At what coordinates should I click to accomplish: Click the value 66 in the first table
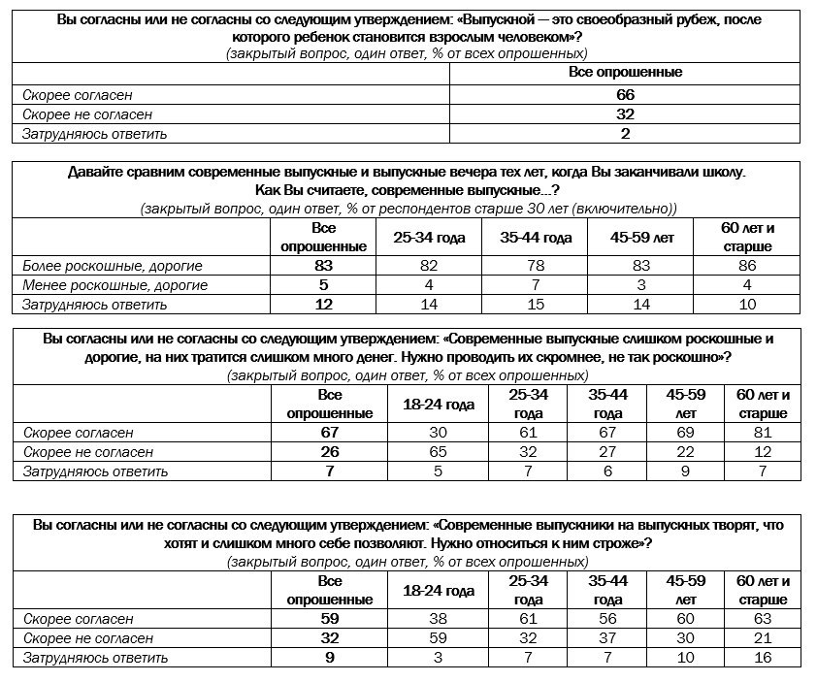[x=625, y=95]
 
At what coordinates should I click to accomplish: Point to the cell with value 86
[x=747, y=265]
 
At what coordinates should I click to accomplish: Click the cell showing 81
[x=764, y=433]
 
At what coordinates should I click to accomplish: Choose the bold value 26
[x=330, y=452]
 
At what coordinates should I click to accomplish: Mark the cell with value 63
[x=764, y=619]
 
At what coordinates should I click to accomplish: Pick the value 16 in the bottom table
[x=764, y=658]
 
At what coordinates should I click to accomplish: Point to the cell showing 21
[x=764, y=638]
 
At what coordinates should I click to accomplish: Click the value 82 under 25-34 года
[x=429, y=265]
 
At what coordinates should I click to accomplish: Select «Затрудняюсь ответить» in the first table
[x=95, y=134]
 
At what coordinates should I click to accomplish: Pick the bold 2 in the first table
[x=625, y=134]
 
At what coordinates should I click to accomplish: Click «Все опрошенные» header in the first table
[x=625, y=73]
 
